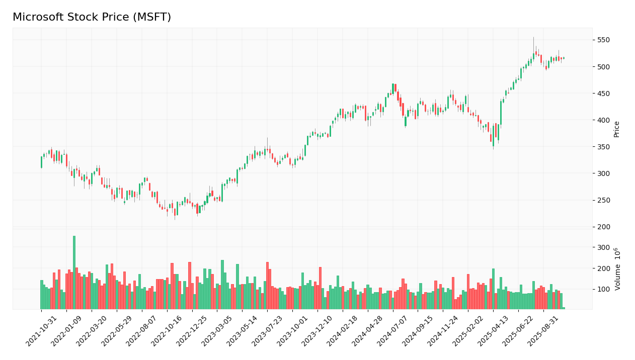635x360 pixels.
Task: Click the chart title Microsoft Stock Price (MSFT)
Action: [92, 18]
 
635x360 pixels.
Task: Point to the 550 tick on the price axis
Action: [603, 40]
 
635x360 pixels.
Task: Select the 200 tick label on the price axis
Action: [603, 227]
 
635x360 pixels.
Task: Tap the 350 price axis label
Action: [603, 147]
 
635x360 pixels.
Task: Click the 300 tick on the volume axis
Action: [603, 247]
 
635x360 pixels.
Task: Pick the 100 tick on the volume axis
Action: [603, 290]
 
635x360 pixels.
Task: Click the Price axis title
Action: [616, 129]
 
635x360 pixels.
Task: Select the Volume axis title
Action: [617, 268]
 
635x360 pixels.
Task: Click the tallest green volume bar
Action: [74, 272]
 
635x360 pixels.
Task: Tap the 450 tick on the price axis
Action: [603, 94]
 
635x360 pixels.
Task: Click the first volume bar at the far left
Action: [41, 295]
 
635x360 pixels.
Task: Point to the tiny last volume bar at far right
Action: [564, 308]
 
